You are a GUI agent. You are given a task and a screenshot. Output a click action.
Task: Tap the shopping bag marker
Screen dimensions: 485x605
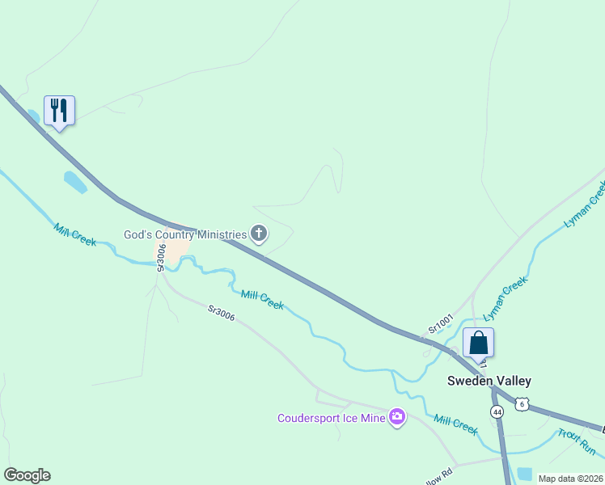tap(478, 342)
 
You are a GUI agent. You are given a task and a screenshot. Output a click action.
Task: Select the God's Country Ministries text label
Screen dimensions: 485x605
tap(184, 234)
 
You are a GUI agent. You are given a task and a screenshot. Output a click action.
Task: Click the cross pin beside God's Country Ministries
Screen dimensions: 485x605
tap(259, 234)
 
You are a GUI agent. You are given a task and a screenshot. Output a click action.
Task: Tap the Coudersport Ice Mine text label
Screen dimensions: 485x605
tap(331, 418)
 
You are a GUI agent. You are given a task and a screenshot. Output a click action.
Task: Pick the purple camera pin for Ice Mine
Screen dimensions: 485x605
tap(396, 417)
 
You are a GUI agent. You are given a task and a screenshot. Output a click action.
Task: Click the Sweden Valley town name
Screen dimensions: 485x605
tap(490, 381)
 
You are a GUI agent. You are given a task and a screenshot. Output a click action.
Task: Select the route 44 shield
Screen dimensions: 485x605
tap(497, 411)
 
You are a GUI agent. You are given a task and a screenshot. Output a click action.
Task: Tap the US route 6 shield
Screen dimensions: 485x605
tap(523, 404)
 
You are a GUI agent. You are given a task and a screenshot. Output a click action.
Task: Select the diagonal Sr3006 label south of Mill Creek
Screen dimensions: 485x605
tap(221, 314)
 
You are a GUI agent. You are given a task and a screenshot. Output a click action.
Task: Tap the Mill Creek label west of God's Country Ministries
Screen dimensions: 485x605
tap(75, 234)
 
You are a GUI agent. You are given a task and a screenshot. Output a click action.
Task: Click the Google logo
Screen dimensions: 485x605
tap(27, 475)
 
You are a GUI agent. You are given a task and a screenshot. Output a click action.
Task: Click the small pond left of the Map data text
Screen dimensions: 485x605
tap(524, 474)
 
